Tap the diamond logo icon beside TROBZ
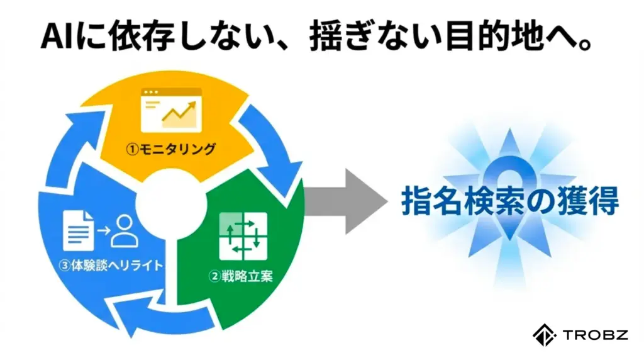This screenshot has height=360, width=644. click(541, 335)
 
